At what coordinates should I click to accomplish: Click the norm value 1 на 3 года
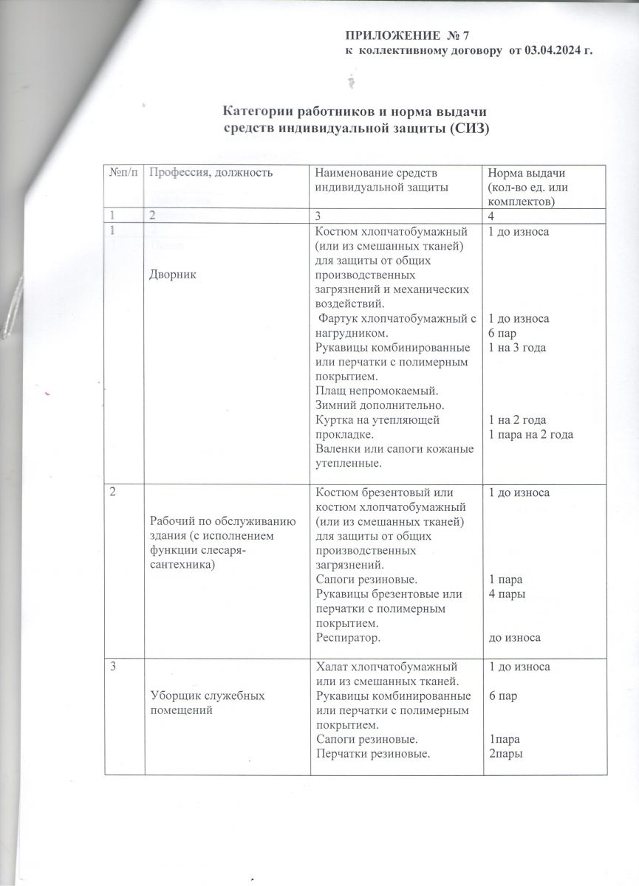click(x=517, y=348)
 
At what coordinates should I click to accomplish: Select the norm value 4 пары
click(x=507, y=594)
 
